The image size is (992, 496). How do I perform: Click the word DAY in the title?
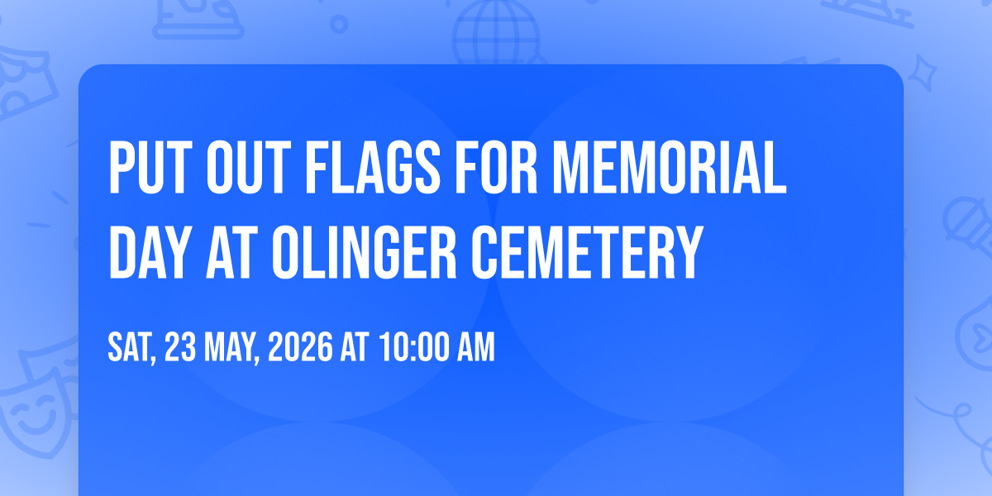150,252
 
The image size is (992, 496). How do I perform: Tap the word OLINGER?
364,252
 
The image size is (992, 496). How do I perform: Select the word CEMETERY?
587,252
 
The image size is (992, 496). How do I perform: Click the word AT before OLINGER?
232,252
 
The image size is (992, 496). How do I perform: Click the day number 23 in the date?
180,347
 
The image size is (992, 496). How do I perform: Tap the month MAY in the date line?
231,348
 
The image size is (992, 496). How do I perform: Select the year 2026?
300,347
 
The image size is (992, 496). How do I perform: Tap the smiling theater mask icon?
33,417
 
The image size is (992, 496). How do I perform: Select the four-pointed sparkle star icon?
923,73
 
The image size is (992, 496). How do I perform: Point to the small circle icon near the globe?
339,24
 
